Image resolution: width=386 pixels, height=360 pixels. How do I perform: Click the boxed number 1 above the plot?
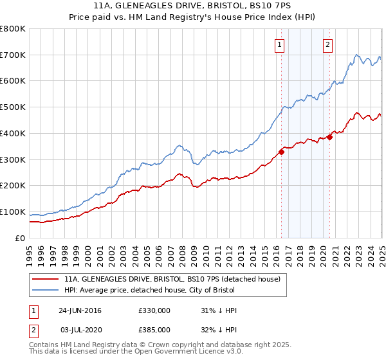[280, 45]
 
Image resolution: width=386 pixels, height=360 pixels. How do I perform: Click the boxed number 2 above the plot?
[327, 45]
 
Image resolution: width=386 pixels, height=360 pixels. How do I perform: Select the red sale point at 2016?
[281, 152]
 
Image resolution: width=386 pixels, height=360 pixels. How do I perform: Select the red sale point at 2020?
[329, 137]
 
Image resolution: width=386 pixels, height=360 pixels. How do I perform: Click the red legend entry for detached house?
[172, 280]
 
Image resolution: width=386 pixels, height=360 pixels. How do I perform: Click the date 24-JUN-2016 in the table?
[80, 310]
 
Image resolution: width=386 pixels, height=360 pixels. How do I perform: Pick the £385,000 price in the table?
[154, 329]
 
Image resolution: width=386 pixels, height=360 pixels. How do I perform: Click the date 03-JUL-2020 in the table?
[80, 329]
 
